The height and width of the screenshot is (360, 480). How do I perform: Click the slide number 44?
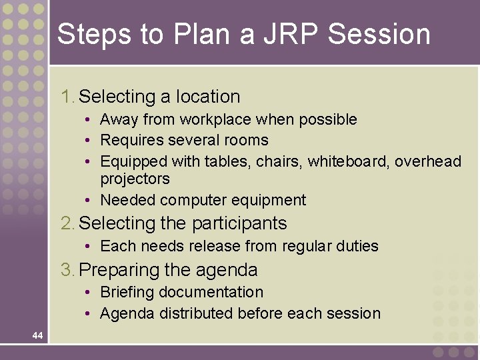click(37, 335)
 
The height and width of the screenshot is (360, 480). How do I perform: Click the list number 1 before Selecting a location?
click(67, 97)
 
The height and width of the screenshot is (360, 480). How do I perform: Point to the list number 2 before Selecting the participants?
click(67, 223)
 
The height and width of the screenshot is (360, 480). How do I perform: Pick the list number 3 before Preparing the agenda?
click(67, 270)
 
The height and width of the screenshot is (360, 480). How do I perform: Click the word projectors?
click(135, 179)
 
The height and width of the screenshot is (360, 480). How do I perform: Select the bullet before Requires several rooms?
click(88, 141)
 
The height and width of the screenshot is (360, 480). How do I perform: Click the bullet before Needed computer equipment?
click(88, 200)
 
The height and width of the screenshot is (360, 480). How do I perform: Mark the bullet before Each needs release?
click(88, 246)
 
